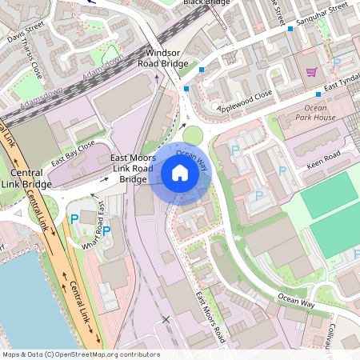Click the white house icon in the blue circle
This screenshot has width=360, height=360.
click(180, 172)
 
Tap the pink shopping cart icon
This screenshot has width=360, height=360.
click(311, 72)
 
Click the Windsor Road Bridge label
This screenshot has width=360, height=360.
click(165, 58)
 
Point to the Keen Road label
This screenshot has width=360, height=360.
click(323, 153)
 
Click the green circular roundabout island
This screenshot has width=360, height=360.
click(192, 135)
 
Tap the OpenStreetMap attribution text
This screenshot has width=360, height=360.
click(81, 354)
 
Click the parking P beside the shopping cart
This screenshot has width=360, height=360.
click(337, 62)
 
